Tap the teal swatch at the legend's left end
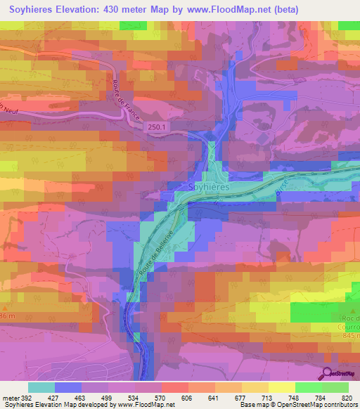[x=41, y=387]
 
